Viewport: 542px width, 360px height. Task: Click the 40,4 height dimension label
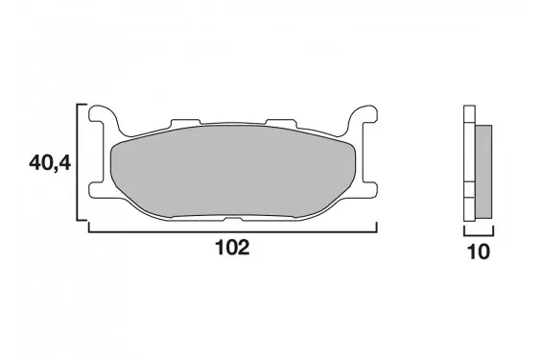click(50, 163)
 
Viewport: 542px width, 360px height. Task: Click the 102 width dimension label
click(232, 248)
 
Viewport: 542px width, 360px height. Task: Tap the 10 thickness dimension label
click(479, 252)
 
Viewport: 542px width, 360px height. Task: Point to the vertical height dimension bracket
click(78, 162)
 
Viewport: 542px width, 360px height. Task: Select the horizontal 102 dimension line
click(233, 231)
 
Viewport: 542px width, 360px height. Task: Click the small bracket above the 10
click(479, 235)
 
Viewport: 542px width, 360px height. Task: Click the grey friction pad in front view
click(232, 172)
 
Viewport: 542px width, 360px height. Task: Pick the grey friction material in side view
click(483, 172)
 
